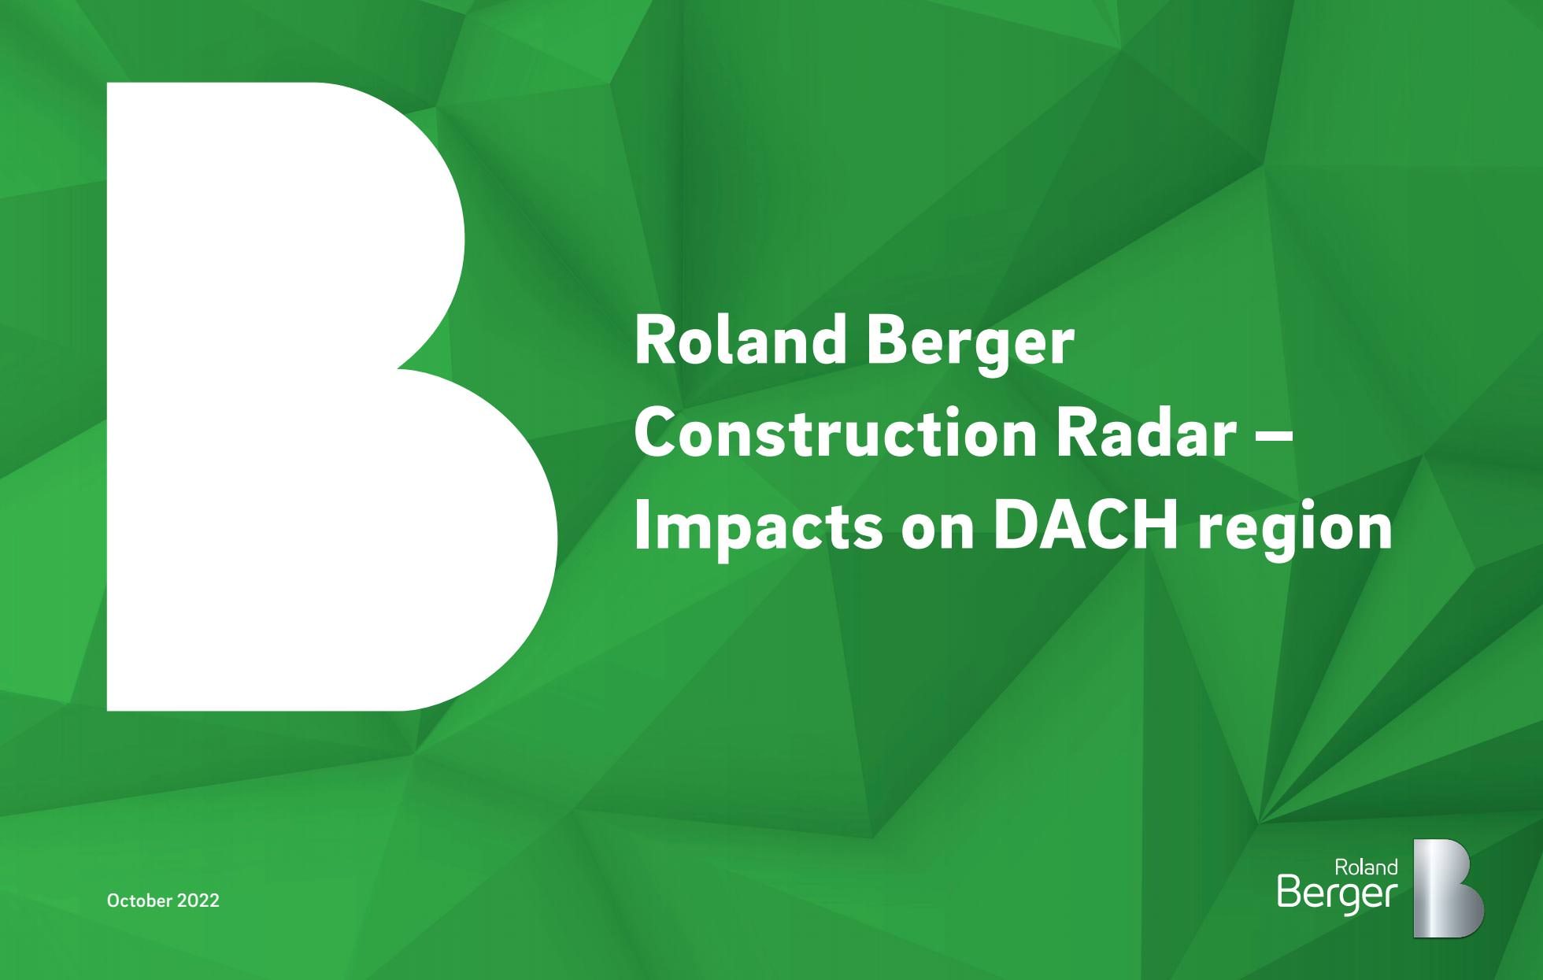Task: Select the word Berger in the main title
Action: pyautogui.click(x=971, y=347)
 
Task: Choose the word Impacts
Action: pyautogui.click(x=758, y=527)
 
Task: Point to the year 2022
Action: pyautogui.click(x=198, y=900)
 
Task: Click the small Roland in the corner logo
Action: pyautogui.click(x=1366, y=867)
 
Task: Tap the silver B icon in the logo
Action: pyautogui.click(x=1447, y=888)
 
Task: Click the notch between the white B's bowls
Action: pyautogui.click(x=400, y=368)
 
